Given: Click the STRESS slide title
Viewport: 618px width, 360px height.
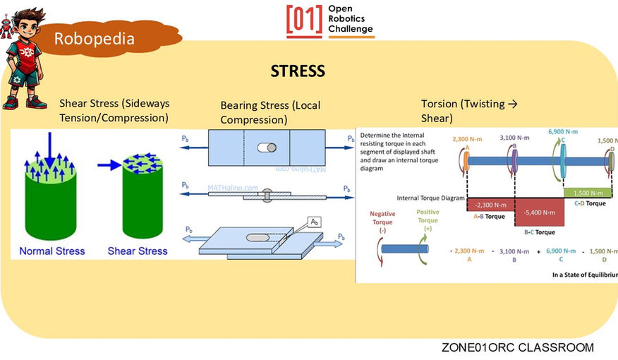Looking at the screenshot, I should (x=298, y=71).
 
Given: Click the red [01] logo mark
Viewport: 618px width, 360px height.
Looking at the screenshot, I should (x=304, y=20).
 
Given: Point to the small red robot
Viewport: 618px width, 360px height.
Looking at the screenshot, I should (x=6, y=28).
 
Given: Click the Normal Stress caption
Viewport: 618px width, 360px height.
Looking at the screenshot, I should (x=51, y=251).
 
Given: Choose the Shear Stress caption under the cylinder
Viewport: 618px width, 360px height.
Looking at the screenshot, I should (x=137, y=251).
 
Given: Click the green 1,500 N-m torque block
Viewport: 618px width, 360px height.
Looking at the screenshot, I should (x=588, y=193).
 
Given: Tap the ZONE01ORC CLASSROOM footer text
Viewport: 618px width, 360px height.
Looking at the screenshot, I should (x=517, y=347).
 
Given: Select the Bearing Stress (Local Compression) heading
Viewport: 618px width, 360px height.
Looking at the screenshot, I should (x=270, y=112).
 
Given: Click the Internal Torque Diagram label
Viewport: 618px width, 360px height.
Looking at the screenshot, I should (x=430, y=198).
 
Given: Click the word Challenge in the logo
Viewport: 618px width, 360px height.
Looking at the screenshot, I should (x=351, y=29).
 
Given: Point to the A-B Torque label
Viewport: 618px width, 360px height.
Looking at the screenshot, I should (x=489, y=216).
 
